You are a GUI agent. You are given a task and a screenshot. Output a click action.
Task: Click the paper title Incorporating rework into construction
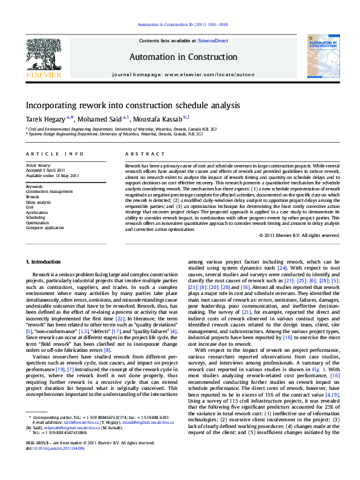click(133, 105)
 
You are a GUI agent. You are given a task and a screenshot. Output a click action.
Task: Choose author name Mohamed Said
click(102, 118)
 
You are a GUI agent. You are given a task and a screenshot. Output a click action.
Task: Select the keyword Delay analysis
click(38, 202)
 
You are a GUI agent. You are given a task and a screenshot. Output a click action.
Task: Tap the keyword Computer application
click(45, 228)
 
